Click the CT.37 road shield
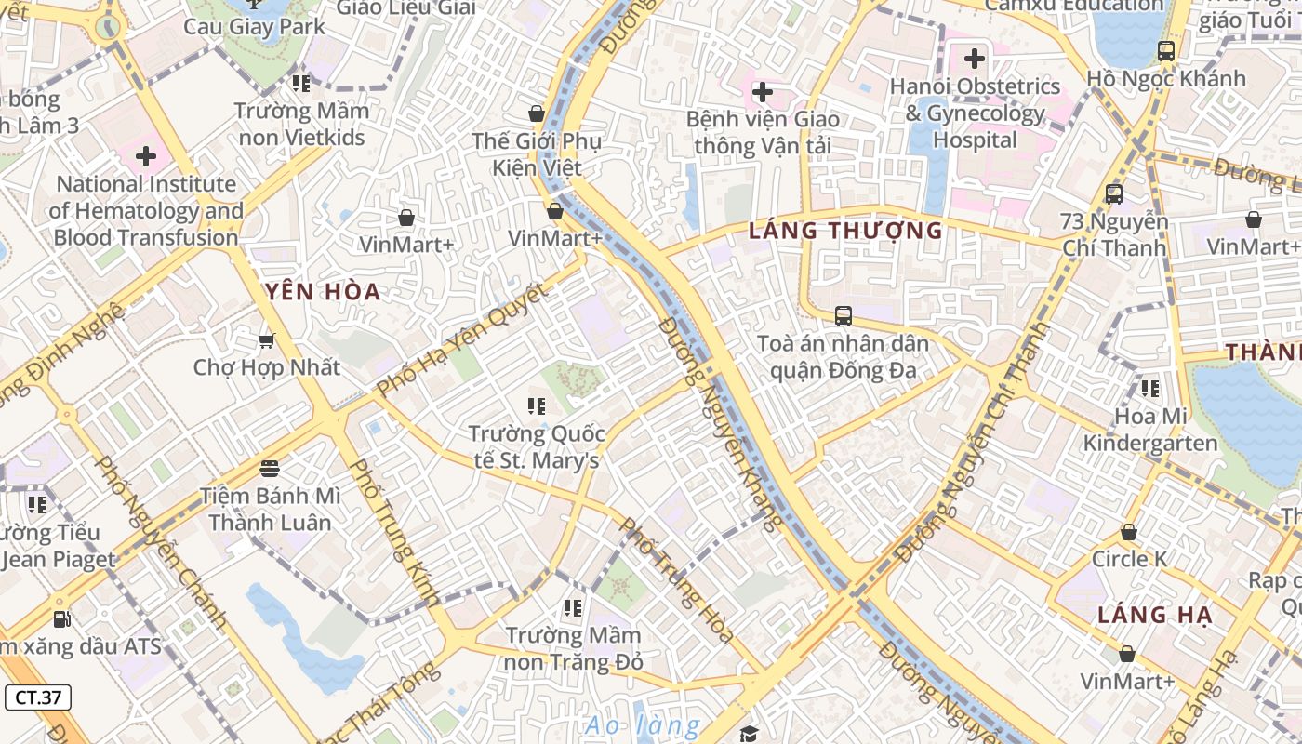(x=38, y=697)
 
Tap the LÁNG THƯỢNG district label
(x=845, y=231)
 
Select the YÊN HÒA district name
(x=324, y=292)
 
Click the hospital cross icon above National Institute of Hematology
(x=146, y=156)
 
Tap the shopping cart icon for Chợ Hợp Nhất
(x=267, y=340)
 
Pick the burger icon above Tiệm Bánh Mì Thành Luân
(x=270, y=468)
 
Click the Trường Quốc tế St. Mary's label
(x=537, y=447)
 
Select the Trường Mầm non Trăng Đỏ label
(x=573, y=648)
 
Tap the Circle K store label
(x=1129, y=559)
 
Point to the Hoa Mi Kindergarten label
(x=1151, y=429)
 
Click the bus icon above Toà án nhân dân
(x=844, y=316)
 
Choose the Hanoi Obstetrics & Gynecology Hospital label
(x=975, y=113)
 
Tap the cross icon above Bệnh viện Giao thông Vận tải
(x=763, y=92)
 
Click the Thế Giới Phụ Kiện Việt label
(x=537, y=154)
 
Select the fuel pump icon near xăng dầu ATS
(x=61, y=618)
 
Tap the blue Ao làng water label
(x=643, y=725)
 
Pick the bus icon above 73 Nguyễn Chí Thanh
(x=1113, y=194)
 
